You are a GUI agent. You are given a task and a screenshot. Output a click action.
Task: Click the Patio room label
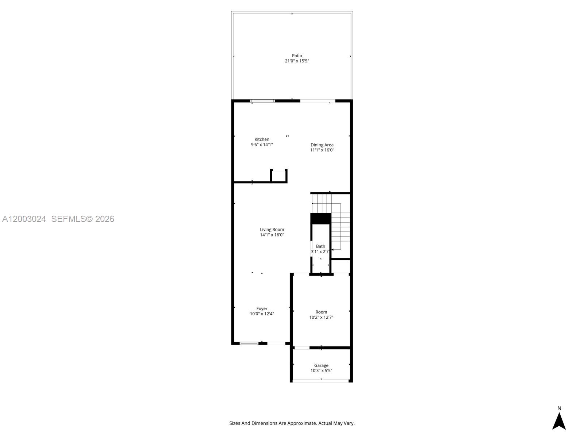point(297,56)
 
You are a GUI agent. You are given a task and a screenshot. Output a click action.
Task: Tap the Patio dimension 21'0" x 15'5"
point(297,61)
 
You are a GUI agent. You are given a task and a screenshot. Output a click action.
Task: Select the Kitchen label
point(262,139)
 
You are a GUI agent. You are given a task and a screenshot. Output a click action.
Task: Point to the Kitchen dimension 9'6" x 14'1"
point(262,145)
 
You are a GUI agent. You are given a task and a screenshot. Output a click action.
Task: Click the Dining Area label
point(322,145)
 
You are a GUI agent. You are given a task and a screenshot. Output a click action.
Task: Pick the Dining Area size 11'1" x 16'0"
point(322,150)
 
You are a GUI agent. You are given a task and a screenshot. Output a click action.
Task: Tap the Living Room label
point(272,230)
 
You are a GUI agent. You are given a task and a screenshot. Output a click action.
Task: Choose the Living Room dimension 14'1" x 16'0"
point(272,235)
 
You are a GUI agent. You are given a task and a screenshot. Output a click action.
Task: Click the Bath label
point(320,246)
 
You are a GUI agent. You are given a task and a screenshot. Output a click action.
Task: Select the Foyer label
point(262,309)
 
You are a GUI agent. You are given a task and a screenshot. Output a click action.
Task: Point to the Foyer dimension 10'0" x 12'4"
point(262,314)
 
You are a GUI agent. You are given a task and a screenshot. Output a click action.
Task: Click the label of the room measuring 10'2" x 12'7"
point(321,312)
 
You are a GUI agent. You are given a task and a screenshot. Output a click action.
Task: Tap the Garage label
point(321,365)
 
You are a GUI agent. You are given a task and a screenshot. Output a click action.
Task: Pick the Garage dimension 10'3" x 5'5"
point(321,371)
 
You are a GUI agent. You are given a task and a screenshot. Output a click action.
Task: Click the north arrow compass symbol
point(559,422)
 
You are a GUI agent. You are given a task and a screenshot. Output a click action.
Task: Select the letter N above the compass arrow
point(559,408)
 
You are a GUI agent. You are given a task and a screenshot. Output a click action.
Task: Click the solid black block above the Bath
point(321,218)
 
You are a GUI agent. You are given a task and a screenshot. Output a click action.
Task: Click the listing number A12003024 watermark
point(24,219)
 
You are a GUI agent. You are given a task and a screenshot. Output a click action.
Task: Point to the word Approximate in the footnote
point(301,423)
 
